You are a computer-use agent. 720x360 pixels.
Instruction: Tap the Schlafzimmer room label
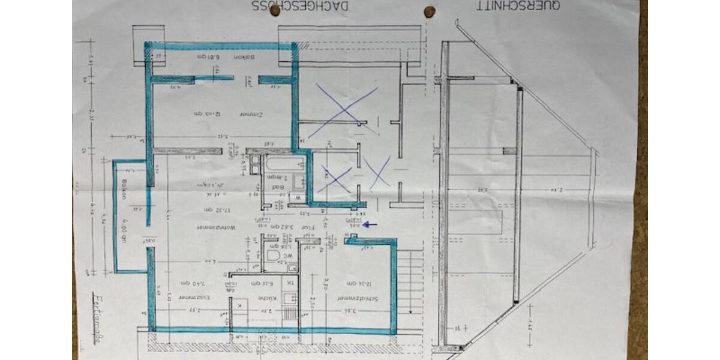click(347, 298)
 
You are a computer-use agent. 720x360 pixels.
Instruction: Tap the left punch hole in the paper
click(275, 10)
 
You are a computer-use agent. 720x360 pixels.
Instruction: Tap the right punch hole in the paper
click(429, 11)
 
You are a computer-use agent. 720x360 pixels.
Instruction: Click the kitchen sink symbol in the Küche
click(289, 298)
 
